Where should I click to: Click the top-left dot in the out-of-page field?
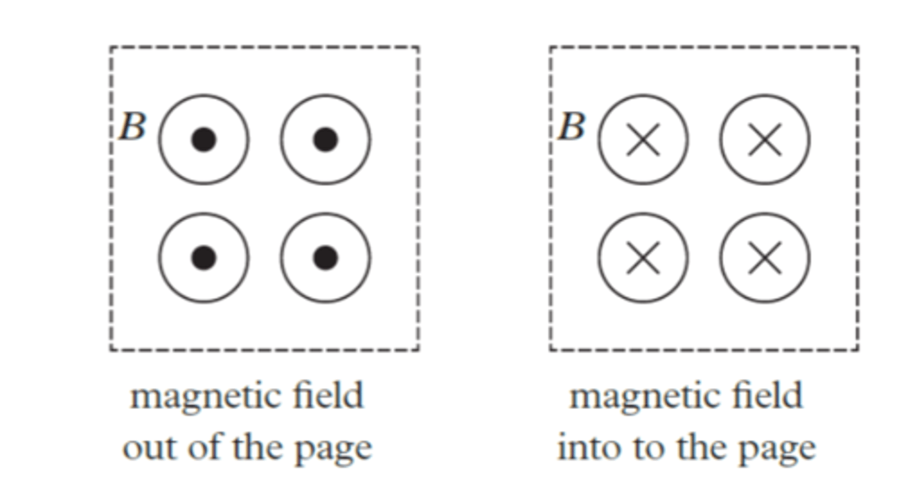[204, 140]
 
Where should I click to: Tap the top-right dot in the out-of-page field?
[325, 140]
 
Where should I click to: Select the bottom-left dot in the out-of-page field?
[204, 257]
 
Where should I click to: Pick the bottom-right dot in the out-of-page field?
[325, 257]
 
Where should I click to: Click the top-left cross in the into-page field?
[643, 140]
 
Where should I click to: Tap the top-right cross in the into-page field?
[765, 140]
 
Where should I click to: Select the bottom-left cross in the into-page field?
[643, 257]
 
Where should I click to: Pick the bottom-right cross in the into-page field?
[765, 257]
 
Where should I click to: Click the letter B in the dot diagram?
[132, 127]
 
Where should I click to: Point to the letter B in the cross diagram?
[571, 127]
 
